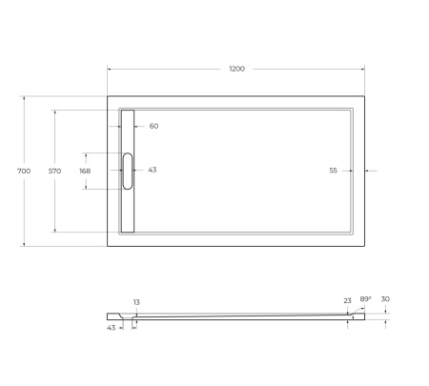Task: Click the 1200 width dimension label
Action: tap(236, 69)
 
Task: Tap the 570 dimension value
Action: tap(54, 171)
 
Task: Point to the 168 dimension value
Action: tap(85, 171)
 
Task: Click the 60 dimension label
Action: tap(153, 126)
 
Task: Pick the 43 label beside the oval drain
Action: tap(152, 170)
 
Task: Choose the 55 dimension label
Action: tap(333, 171)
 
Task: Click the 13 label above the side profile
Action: tap(136, 302)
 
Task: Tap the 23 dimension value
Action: tap(347, 300)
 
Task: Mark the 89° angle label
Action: tap(365, 299)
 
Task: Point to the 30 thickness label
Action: tap(385, 299)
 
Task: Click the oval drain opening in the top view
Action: tap(128, 170)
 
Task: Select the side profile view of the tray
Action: tap(238, 316)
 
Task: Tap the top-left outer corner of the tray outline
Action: tap(107, 95)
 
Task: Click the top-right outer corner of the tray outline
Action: tap(368, 95)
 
